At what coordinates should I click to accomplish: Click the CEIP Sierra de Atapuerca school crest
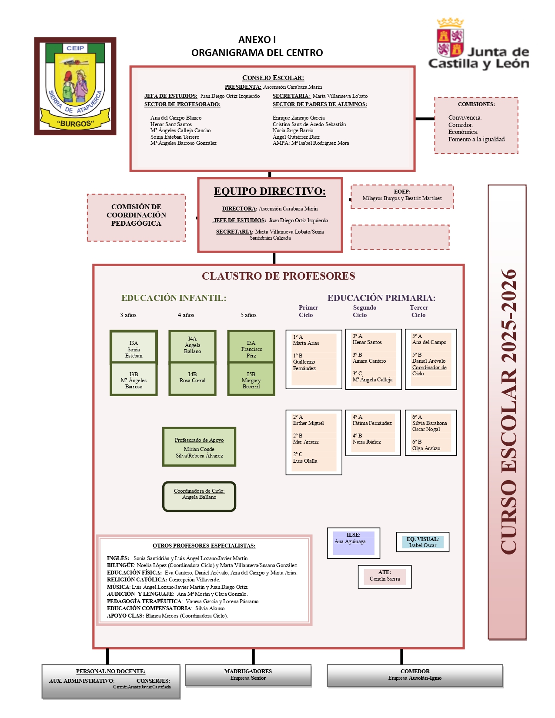[x=75, y=86]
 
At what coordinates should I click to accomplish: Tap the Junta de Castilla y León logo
[x=478, y=45]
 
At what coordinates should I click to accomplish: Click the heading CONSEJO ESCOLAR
[x=273, y=78]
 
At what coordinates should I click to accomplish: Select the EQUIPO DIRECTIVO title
[x=270, y=191]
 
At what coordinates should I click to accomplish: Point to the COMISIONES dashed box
[x=476, y=125]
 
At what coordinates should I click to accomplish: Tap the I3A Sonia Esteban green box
[x=134, y=347]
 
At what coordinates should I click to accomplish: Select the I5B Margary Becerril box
[x=251, y=380]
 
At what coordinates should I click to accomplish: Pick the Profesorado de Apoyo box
[x=199, y=447]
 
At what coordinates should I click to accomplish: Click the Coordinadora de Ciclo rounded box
[x=199, y=496]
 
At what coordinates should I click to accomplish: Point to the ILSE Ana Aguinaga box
[x=353, y=543]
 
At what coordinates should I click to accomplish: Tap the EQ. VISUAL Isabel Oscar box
[x=422, y=542]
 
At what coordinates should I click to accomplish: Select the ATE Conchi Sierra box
[x=384, y=577]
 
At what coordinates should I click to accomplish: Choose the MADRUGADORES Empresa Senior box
[x=248, y=675]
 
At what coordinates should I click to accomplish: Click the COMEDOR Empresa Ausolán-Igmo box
[x=415, y=675]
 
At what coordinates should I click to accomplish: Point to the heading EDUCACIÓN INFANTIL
[x=174, y=298]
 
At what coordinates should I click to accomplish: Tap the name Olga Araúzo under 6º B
[x=426, y=448]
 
